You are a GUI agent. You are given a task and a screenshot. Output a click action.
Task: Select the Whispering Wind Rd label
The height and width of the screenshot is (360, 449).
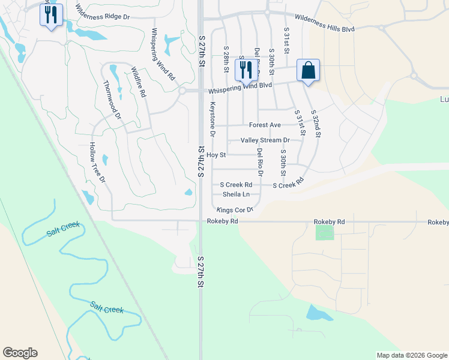[x=163, y=55]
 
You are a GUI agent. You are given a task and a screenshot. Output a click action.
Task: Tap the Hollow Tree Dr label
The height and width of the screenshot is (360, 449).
[x=97, y=163]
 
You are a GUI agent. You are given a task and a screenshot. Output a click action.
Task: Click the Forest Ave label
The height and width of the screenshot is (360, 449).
[x=265, y=125]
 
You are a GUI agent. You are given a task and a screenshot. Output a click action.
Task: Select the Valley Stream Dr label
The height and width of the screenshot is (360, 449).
[x=265, y=140]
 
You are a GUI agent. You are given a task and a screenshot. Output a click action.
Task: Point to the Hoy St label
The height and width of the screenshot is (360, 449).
[x=215, y=155]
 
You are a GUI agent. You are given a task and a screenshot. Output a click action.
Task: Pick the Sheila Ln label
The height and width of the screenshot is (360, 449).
[x=236, y=194]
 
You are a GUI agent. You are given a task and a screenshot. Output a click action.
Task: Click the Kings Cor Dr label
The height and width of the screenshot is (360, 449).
[x=235, y=210]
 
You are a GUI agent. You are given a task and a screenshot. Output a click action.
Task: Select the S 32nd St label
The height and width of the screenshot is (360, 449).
[x=316, y=124]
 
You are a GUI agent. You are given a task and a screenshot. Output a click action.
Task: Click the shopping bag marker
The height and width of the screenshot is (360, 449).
[x=308, y=70]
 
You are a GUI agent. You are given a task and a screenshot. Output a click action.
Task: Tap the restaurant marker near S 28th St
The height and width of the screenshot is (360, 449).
[x=245, y=70]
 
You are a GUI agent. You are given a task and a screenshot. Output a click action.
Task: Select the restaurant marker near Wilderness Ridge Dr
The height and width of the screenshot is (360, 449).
[x=51, y=14]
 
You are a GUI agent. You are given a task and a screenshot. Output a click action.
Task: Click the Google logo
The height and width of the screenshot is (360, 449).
[x=20, y=353]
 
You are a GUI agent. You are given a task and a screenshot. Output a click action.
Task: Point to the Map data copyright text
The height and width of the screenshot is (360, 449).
[x=411, y=355]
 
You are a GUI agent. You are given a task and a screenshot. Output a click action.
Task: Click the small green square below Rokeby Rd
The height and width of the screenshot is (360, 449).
[x=325, y=232]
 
